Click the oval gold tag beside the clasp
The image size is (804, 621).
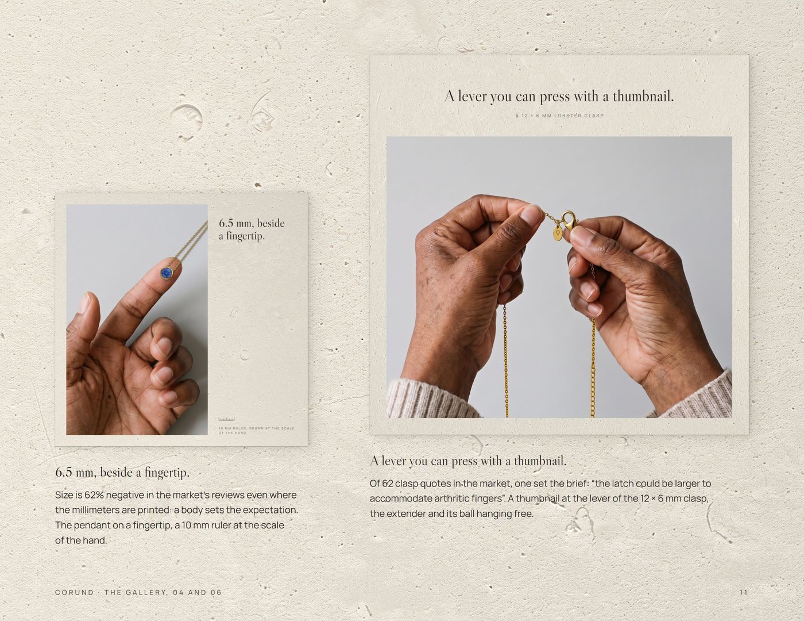tap(558, 233)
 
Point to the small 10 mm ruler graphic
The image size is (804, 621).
tap(226, 419)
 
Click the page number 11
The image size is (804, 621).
tap(744, 592)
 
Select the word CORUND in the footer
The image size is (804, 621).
tap(74, 592)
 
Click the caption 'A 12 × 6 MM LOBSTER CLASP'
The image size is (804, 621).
tap(559, 116)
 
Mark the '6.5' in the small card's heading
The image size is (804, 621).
tap(226, 223)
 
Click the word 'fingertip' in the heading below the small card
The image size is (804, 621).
tap(167, 473)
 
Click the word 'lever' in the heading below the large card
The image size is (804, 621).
tap(394, 461)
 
